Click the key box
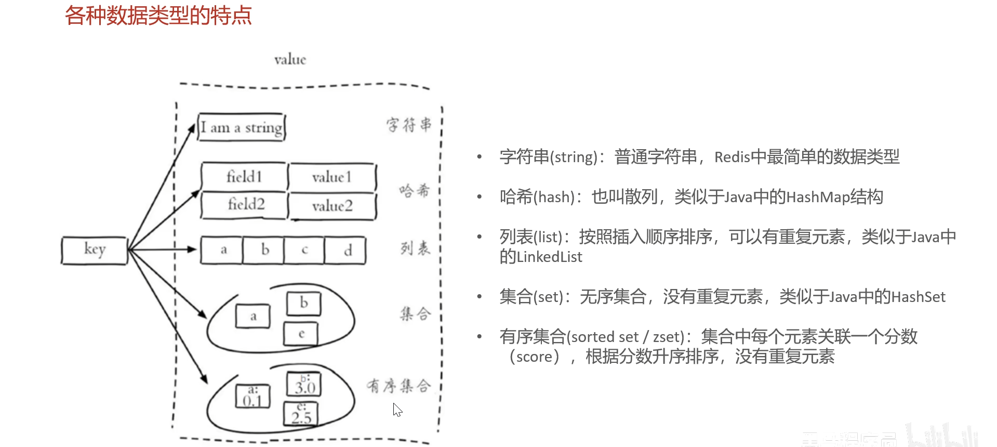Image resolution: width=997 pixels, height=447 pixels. pos(95,251)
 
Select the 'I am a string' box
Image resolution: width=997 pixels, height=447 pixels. pos(242,127)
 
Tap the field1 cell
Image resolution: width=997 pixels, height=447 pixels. pos(244,177)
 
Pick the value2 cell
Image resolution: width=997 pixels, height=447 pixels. pos(333,206)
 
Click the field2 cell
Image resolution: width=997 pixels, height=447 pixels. pos(246,204)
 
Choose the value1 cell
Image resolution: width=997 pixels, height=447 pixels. pos(332,177)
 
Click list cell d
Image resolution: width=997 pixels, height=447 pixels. pos(347,251)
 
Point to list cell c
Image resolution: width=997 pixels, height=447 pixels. pos(304,251)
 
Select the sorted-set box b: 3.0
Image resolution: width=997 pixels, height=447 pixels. pos(304,385)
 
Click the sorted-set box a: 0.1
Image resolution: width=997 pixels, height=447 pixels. pos(252,397)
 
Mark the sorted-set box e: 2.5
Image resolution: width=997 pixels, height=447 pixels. pos(301,414)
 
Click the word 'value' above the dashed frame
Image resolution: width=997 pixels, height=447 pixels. pos(290,60)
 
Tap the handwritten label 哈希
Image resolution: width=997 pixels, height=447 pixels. pos(415,191)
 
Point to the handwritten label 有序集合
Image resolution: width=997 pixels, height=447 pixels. pos(398,386)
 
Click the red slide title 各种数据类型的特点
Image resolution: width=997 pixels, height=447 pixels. pos(158,16)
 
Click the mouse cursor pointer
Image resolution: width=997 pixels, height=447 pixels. pos(397,410)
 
